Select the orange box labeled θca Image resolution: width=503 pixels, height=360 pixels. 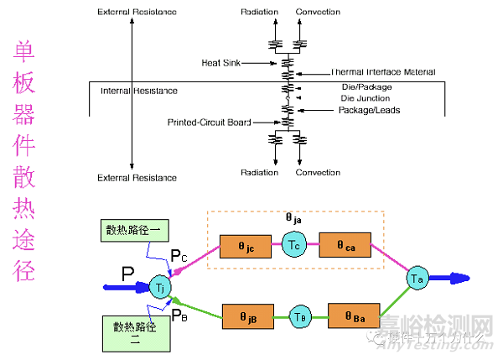tap(344, 248)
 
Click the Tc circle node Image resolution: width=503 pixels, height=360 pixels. tap(293, 248)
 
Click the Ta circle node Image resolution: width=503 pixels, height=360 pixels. tap(417, 278)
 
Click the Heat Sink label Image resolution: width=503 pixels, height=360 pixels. tap(221, 63)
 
